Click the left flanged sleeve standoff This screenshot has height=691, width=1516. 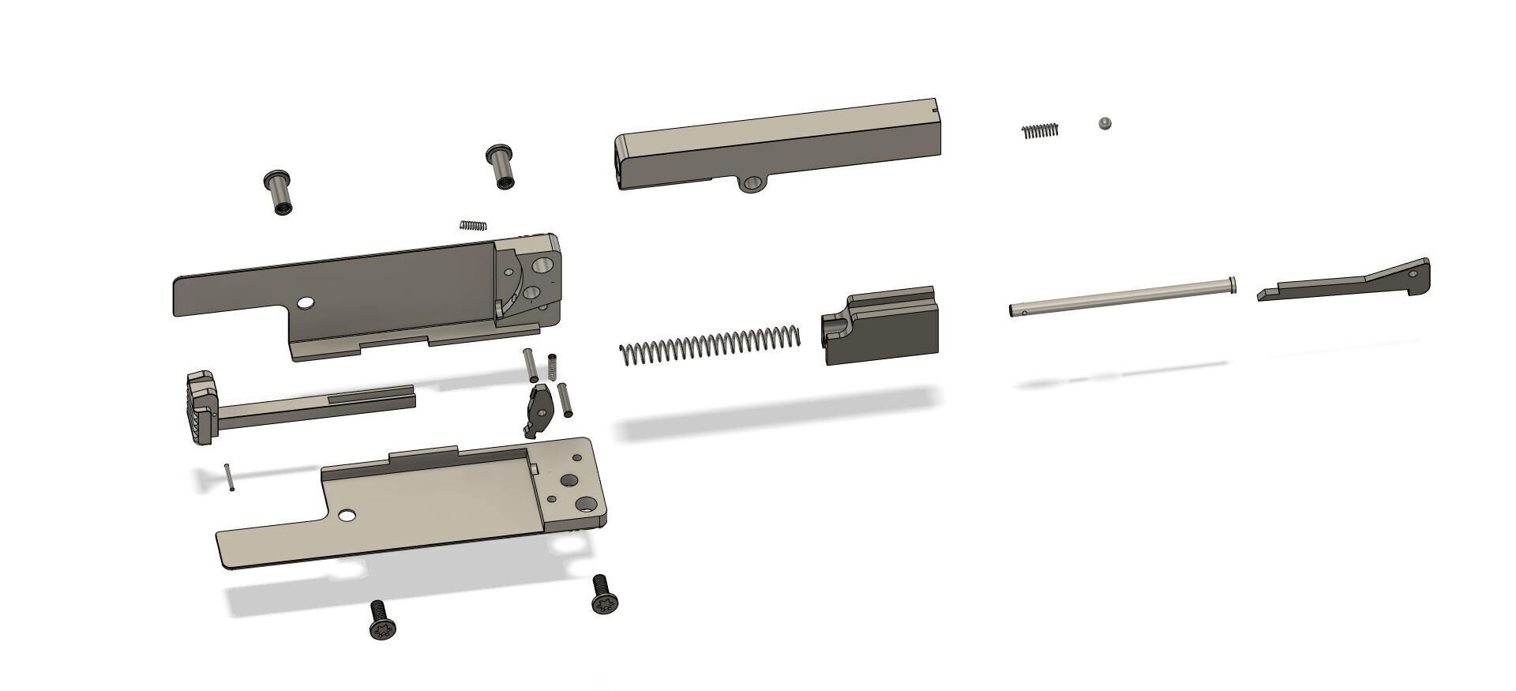[278, 192]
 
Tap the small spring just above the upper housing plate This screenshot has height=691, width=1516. [474, 225]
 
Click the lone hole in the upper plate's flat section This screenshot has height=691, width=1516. [305, 302]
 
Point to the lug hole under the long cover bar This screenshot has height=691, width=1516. [752, 184]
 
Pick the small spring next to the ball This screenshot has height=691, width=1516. [1040, 131]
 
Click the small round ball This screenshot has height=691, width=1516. [1105, 123]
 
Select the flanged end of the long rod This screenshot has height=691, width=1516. [1232, 284]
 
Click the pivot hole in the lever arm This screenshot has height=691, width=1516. [1413, 274]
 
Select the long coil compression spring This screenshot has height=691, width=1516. [710, 345]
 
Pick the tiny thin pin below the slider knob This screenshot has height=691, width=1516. [229, 477]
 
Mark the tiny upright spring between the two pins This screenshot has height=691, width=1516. [552, 366]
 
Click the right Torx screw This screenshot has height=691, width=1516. [604, 595]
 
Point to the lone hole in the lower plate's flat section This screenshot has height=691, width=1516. [346, 516]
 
